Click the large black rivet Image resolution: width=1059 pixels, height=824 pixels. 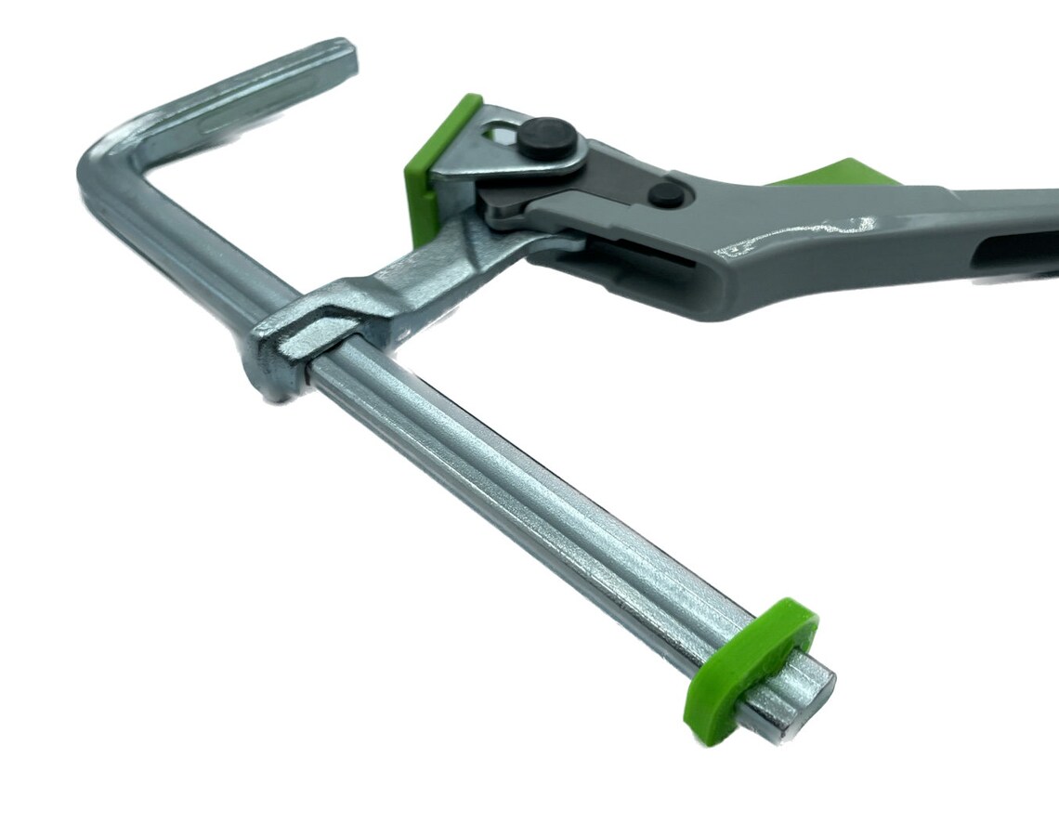[545, 137]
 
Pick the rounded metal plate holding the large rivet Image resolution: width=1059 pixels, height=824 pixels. [520, 158]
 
